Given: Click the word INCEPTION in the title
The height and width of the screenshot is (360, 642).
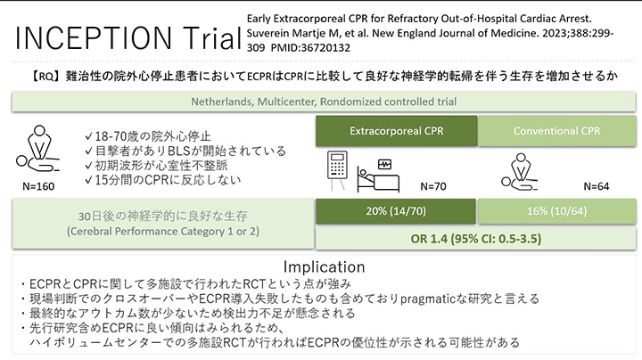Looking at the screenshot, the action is [94, 38].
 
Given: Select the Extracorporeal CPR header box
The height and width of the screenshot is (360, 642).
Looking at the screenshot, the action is [396, 131].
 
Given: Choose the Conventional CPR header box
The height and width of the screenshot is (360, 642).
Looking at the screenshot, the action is [556, 131].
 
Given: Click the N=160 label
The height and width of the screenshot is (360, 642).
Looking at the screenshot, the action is [38, 186].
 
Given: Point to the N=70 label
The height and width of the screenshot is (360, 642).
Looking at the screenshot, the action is [433, 186].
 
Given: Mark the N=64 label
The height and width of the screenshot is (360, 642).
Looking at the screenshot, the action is [597, 186].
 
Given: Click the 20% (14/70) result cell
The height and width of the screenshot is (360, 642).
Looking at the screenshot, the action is [396, 211].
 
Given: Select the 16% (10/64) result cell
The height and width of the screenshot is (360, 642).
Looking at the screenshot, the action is [556, 211].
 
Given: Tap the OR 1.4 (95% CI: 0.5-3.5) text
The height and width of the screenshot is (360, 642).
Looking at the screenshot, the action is [476, 239].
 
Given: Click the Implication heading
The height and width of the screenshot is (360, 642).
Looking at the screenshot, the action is [324, 266].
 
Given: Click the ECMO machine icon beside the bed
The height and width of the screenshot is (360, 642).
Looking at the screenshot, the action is [337, 170].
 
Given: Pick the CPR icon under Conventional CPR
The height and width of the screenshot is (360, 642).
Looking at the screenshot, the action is [520, 171].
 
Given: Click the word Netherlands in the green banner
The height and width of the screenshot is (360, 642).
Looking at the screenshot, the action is [221, 102].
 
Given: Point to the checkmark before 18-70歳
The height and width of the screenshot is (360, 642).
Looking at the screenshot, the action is [89, 135].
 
